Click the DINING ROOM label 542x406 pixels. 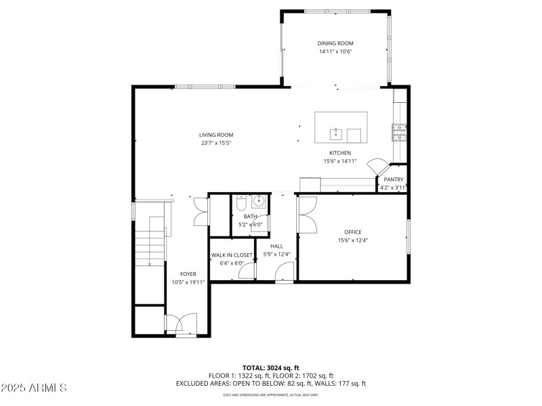click(335, 43)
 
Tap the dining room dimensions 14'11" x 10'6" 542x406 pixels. click(335, 51)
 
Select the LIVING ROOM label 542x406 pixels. click(216, 135)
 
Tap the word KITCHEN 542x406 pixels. click(340, 153)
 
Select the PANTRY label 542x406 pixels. click(393, 179)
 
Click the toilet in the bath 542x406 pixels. click(241, 202)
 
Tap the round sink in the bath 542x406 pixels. click(258, 201)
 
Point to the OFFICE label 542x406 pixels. click(352, 232)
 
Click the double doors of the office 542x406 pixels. click(306, 214)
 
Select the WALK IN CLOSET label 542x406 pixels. click(231, 255)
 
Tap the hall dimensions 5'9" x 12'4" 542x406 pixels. click(276, 254)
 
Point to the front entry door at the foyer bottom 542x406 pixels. click(182, 325)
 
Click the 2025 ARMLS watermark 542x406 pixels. click(34, 388)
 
